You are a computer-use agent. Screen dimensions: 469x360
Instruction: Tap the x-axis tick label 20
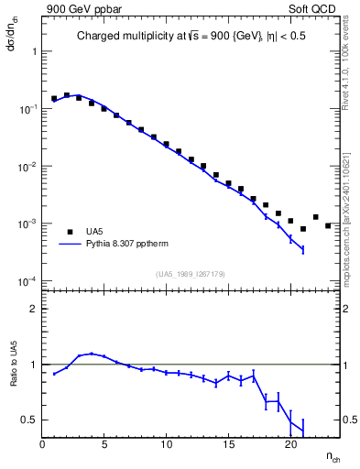pos(290,446)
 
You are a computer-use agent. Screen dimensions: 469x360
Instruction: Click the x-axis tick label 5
pos(104,446)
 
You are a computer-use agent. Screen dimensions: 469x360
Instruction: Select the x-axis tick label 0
pos(42,446)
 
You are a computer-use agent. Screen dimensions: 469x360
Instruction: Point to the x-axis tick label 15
pos(228,446)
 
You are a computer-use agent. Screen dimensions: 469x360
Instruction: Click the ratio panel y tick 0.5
pos(30,420)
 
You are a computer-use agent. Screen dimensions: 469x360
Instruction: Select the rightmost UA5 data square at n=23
pos(328,225)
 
